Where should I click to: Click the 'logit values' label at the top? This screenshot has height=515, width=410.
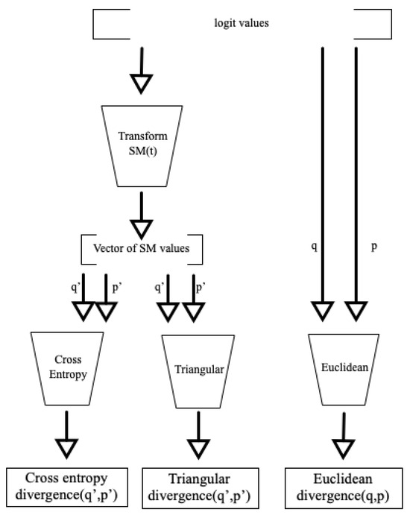242,23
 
